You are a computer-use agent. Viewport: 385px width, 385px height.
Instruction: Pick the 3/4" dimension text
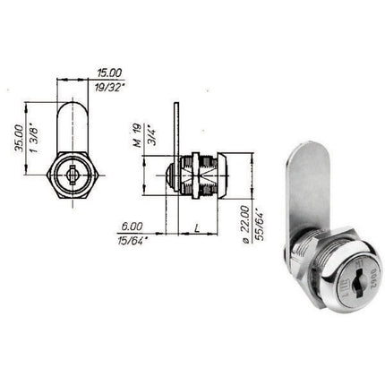point(150,133)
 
